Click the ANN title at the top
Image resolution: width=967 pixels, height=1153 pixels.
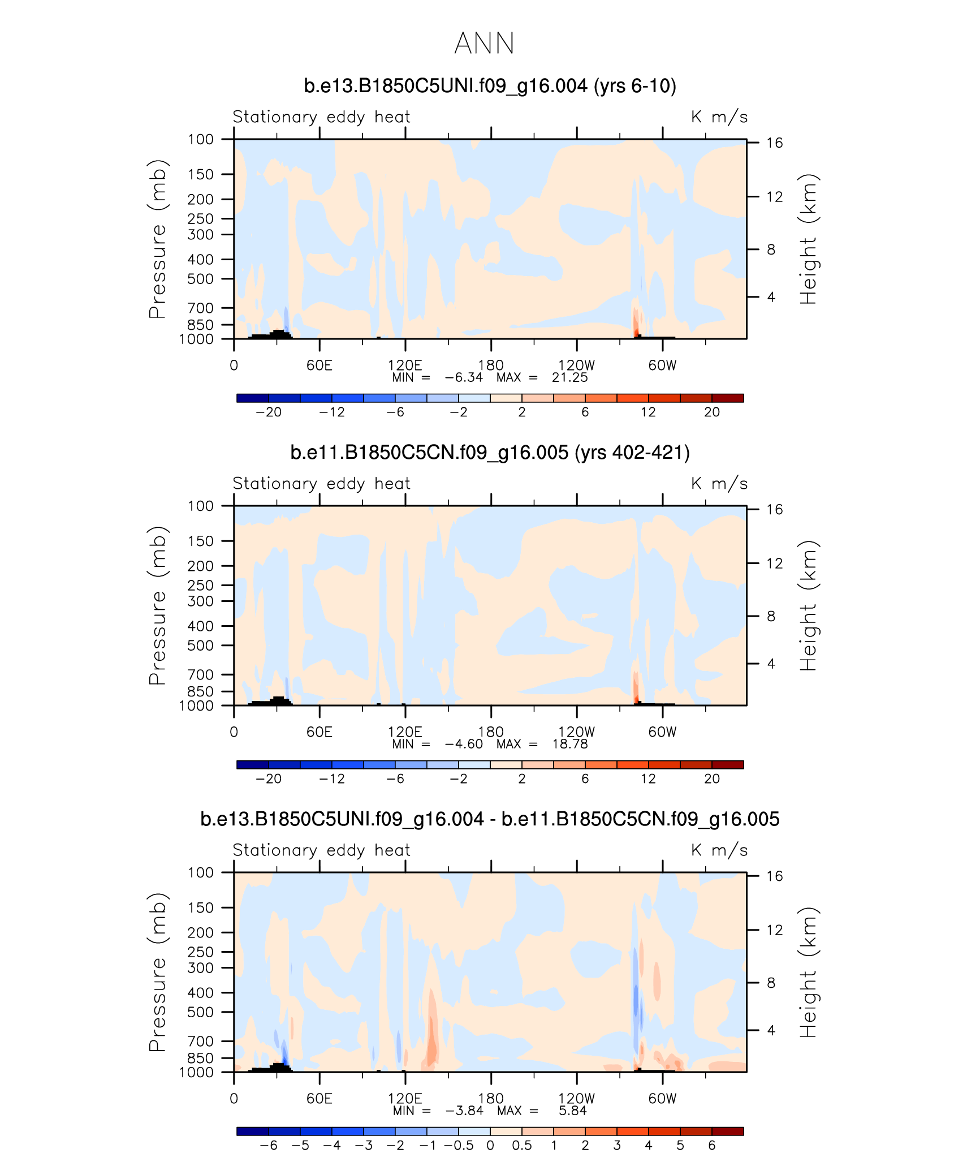click(484, 44)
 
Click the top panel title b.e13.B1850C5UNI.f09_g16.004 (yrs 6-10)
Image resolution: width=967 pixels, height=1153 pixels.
click(490, 86)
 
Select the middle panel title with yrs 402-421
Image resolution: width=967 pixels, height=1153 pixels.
click(490, 453)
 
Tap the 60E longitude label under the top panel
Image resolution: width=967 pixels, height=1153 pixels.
click(320, 365)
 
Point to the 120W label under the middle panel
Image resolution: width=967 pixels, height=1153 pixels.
click(576, 732)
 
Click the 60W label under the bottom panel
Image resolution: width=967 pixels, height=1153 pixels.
click(662, 1099)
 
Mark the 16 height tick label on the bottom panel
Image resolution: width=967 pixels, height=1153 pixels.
click(774, 876)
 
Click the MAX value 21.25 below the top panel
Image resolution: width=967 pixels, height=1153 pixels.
click(569, 378)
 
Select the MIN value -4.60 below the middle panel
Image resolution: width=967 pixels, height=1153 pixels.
click(464, 745)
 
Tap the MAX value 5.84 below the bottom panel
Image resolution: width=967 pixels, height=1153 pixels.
click(573, 1111)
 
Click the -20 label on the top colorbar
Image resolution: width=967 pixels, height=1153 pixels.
click(268, 412)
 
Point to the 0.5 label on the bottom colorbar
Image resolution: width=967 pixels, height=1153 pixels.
click(521, 1146)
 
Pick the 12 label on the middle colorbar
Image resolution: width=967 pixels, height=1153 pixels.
click(648, 779)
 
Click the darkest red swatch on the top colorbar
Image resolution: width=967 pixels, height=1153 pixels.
click(727, 398)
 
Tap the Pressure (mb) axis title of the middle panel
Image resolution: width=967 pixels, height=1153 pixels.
click(158, 605)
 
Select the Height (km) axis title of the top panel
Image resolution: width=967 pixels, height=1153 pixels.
click(808, 239)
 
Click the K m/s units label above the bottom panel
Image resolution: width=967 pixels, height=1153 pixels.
click(719, 850)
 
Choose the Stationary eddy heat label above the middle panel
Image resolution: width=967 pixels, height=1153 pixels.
click(321, 484)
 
